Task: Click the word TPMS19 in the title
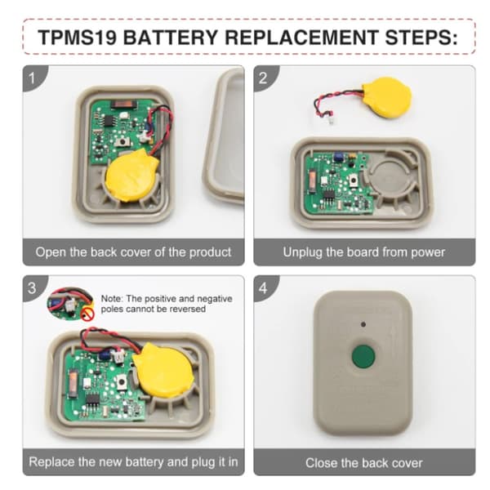(78, 38)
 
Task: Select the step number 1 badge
(33, 78)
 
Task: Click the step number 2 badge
(265, 78)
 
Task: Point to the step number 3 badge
(33, 287)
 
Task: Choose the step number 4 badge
(265, 287)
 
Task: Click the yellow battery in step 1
(131, 176)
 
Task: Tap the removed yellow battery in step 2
(386, 97)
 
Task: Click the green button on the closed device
(363, 357)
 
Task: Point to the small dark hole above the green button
(363, 324)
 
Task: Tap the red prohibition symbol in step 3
(87, 314)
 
